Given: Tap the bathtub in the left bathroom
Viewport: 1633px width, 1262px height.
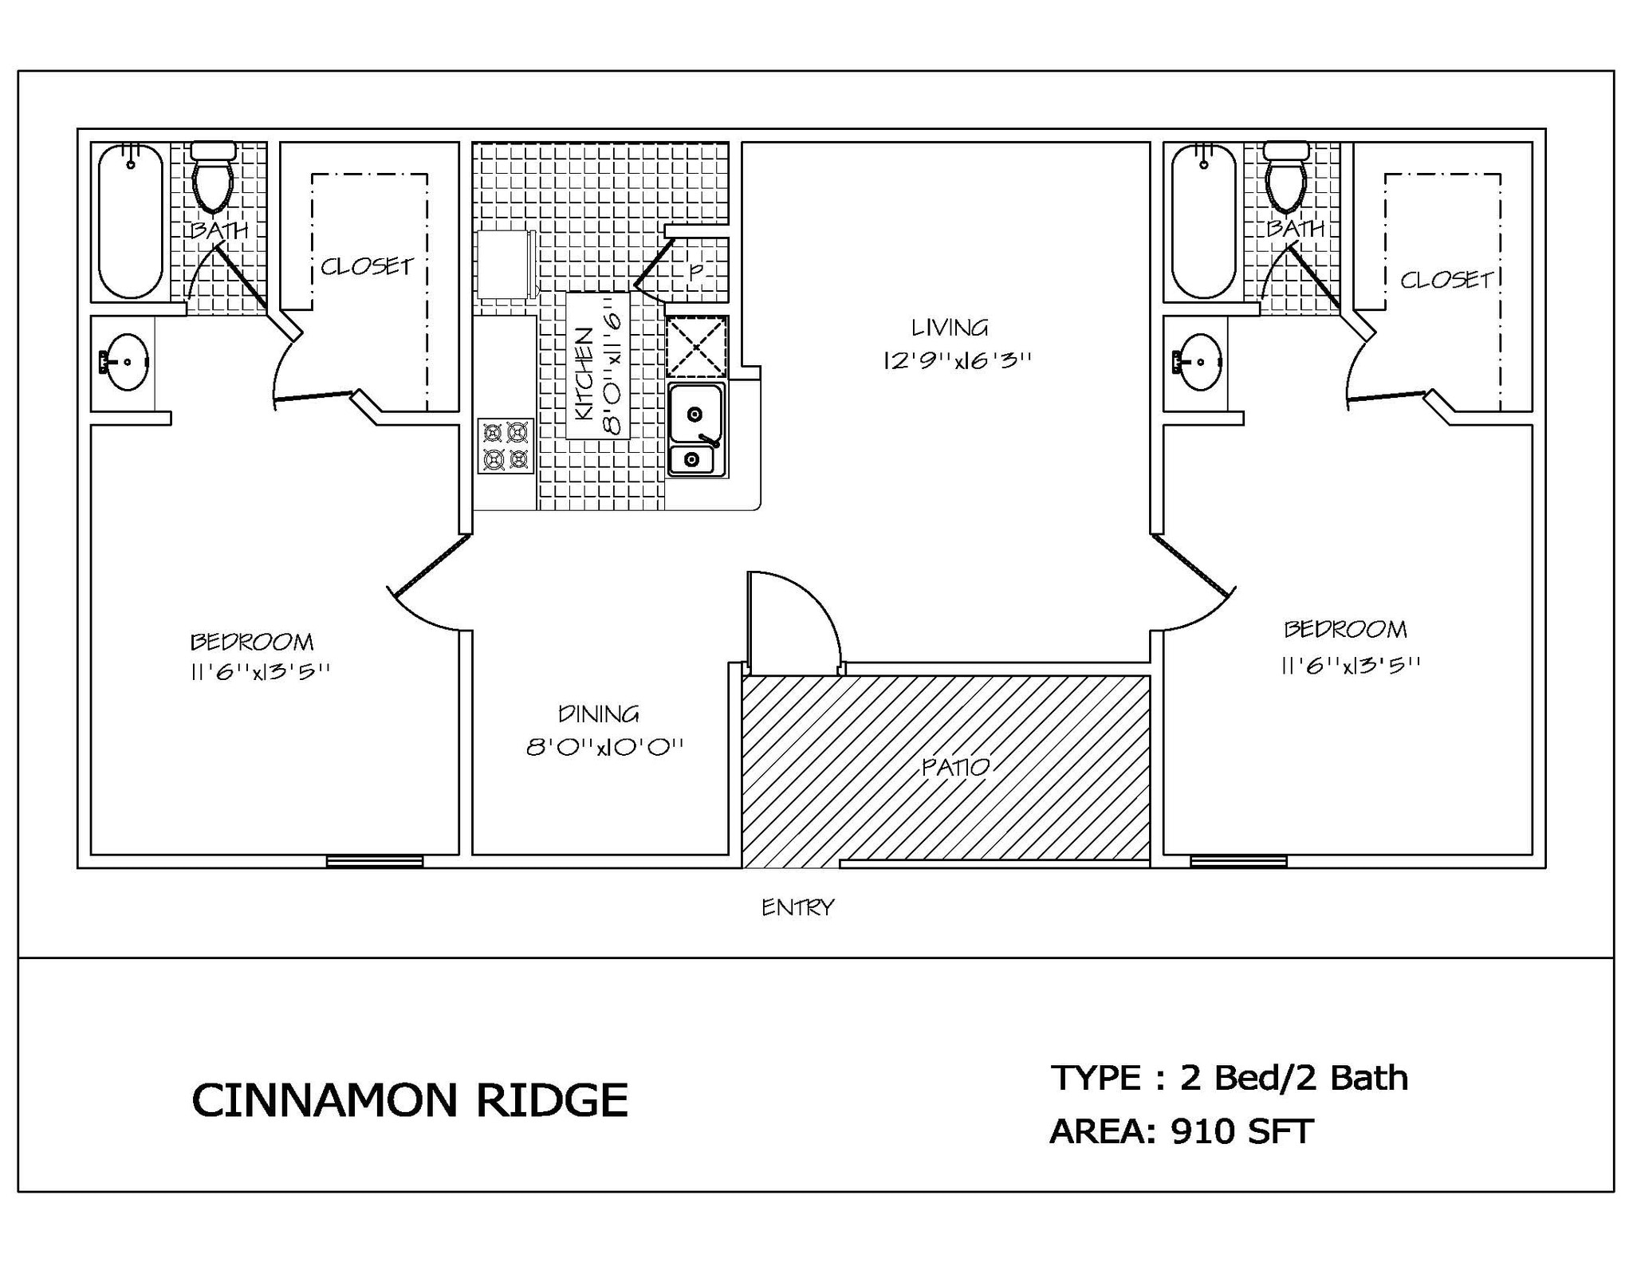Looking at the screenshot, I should coord(130,221).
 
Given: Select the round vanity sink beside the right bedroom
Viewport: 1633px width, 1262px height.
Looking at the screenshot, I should coord(1200,361).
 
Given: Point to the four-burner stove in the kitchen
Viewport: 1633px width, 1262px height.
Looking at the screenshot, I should coord(506,446).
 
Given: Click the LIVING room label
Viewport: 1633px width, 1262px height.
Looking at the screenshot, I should coord(949,328).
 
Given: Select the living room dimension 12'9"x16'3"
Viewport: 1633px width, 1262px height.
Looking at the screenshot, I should coord(957,360).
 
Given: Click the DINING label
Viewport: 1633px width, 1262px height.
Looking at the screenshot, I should coord(598,714).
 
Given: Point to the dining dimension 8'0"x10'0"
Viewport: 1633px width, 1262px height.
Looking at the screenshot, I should coord(604,748).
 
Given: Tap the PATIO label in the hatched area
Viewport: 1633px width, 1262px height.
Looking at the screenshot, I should coord(955,767).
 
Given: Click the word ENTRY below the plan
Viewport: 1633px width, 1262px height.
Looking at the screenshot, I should coord(797,907).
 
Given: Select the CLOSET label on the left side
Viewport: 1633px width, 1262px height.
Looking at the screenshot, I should coord(367,266).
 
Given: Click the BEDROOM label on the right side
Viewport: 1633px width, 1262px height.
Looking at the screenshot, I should coord(1345,630).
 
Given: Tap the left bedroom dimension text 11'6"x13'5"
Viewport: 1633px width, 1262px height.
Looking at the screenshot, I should coord(260,672).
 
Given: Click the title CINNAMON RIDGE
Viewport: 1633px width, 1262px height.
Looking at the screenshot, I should coord(410,1100).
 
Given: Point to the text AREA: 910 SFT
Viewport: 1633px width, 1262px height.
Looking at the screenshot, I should coord(1181,1131).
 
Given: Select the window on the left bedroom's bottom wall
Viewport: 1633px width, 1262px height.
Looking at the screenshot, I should coord(375,861).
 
